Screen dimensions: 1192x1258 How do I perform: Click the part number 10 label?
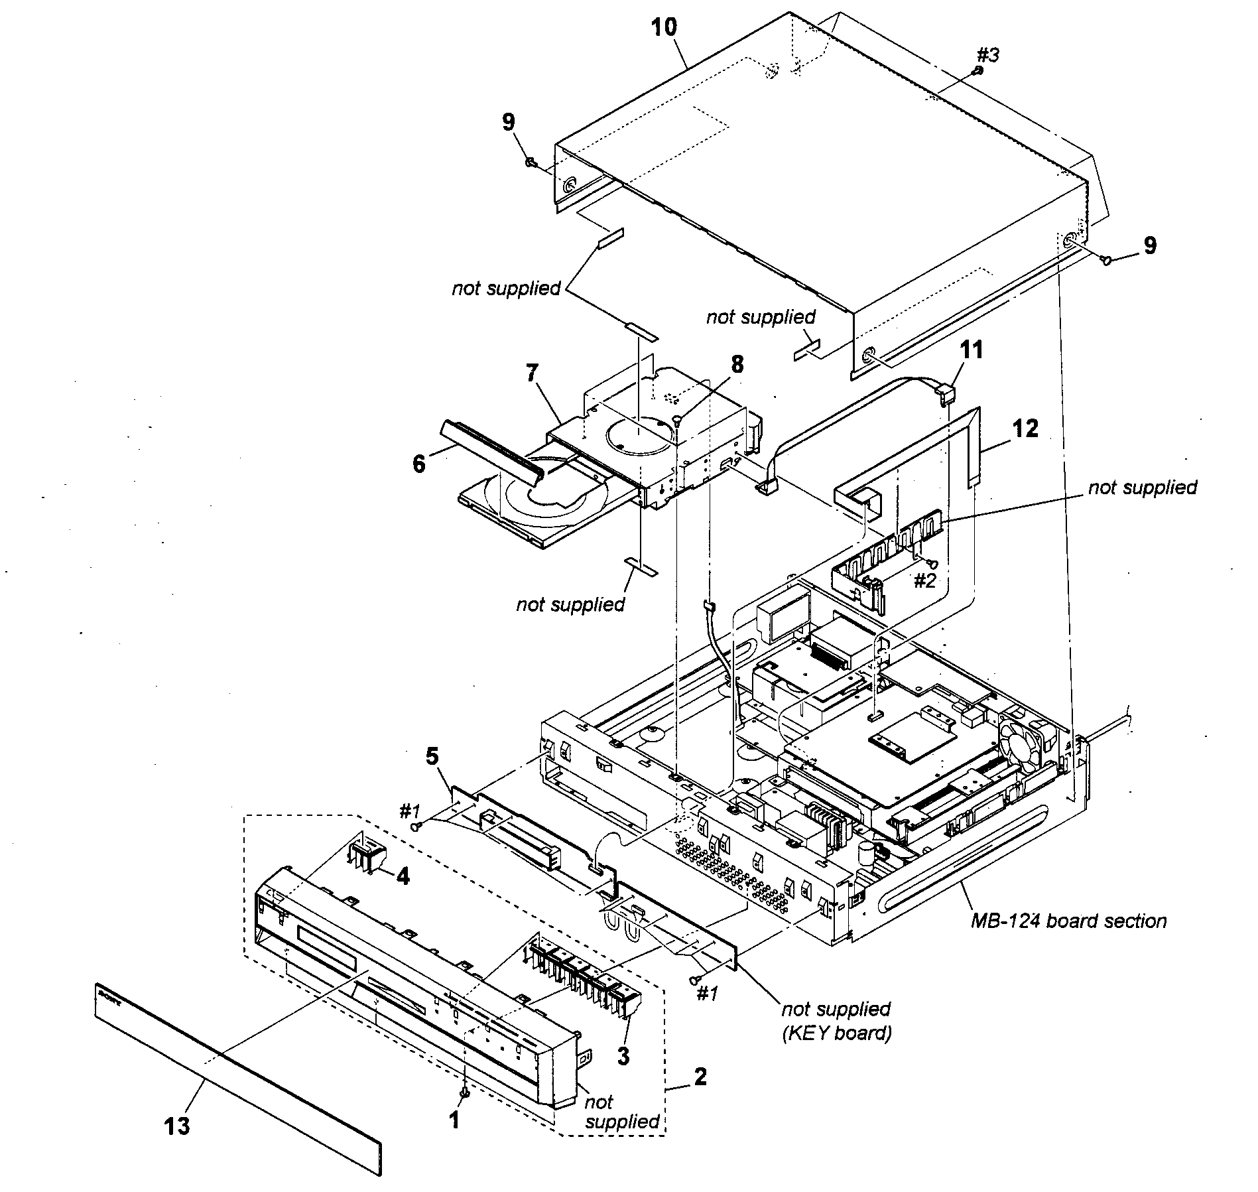pos(664,28)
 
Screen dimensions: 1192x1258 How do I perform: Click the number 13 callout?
pos(178,1126)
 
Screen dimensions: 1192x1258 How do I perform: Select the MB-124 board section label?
pos(1068,921)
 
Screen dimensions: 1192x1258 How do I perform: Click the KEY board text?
pos(837,1033)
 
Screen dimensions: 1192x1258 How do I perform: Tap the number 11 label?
pos(972,350)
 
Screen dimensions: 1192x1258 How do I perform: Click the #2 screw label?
pos(924,581)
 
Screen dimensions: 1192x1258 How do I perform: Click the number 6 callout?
pos(418,464)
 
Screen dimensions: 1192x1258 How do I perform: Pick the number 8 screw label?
pos(737,364)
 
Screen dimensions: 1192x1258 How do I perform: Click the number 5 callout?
pos(432,757)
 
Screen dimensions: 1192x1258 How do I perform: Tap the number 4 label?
pos(403,877)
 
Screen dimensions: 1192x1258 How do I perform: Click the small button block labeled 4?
pos(365,855)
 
